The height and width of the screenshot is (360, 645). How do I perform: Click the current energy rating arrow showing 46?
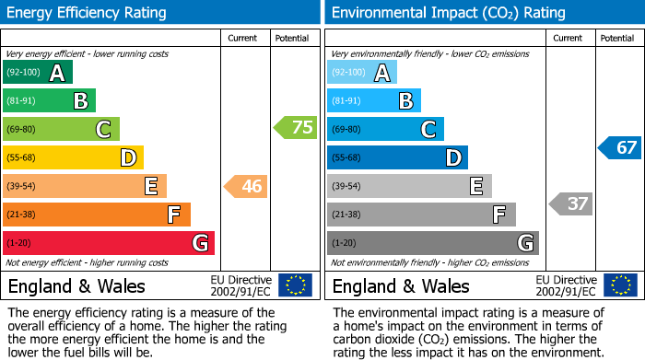tap(246, 187)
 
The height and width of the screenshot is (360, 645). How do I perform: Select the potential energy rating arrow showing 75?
tap(296, 128)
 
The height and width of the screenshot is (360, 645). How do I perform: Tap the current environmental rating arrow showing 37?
tap(570, 203)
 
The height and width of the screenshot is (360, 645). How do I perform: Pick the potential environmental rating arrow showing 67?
tap(620, 147)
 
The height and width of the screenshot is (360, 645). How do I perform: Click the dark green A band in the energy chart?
tap(38, 73)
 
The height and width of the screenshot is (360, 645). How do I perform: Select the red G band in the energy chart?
tap(109, 243)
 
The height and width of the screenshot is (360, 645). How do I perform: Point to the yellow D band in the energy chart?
tap(73, 157)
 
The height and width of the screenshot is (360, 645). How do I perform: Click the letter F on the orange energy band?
tap(173, 215)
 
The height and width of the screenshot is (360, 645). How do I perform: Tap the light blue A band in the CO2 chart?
tap(362, 73)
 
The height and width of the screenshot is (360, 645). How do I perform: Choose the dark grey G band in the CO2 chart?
tap(432, 243)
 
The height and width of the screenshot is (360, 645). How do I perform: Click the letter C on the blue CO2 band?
tap(428, 130)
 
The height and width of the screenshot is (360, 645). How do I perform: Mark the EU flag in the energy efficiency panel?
tap(295, 285)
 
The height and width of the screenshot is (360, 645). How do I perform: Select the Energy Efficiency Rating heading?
tap(88, 13)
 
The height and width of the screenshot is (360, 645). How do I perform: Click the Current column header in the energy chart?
tap(242, 38)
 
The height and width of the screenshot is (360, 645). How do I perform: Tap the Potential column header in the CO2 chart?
tap(617, 38)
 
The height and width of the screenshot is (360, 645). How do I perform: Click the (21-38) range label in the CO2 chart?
tap(348, 215)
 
